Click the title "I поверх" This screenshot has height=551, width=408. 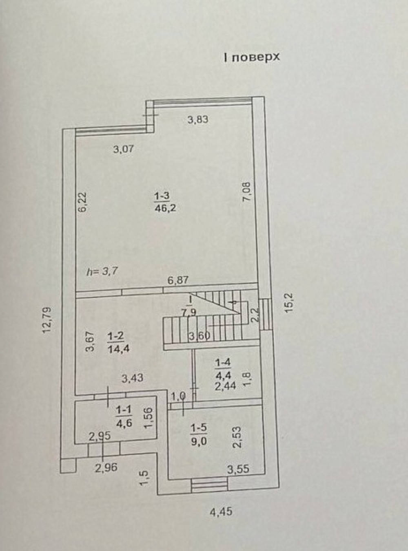click(x=252, y=57)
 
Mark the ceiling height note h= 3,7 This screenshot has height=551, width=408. click(x=102, y=271)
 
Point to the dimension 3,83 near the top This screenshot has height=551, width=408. click(x=198, y=120)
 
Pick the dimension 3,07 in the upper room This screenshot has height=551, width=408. click(x=124, y=149)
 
